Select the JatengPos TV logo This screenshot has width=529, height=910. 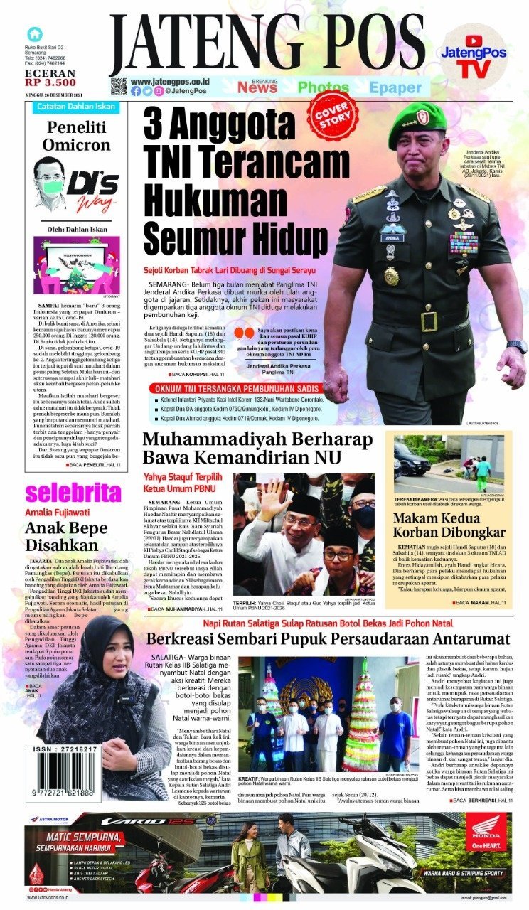click(x=473, y=58)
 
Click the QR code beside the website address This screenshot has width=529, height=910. click(x=118, y=87)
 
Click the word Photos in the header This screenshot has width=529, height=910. click(x=323, y=87)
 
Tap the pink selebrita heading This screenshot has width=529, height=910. click(x=73, y=493)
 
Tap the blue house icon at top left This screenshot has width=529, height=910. click(x=33, y=34)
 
